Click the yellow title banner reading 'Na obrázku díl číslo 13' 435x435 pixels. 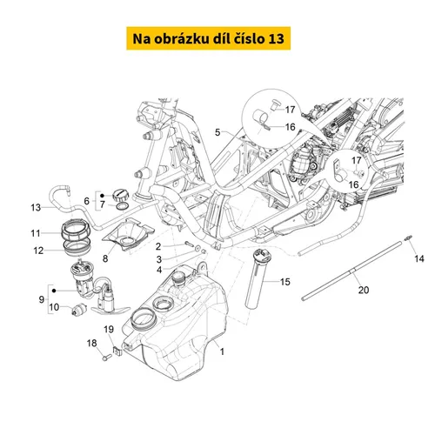208,38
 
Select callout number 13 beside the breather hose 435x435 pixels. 36,208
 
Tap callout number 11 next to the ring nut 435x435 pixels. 36,233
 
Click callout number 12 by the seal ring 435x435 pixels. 38,251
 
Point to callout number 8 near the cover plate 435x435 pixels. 105,258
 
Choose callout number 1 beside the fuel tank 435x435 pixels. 222,351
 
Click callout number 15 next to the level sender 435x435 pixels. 285,282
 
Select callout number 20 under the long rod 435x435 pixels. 364,290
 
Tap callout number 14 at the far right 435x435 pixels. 419,258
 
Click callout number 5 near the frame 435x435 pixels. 217,132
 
